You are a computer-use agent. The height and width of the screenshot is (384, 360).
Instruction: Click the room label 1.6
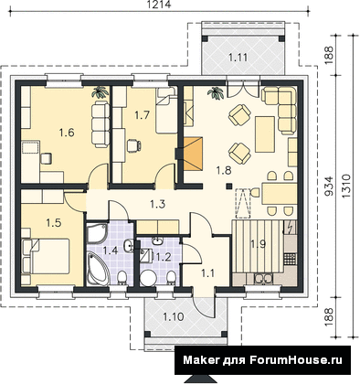(x=67, y=133)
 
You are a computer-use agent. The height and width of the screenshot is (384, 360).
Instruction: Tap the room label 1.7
(x=143, y=115)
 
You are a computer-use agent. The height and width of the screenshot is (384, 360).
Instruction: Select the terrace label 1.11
(x=238, y=57)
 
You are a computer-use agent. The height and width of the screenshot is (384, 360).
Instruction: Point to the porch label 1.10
(x=174, y=317)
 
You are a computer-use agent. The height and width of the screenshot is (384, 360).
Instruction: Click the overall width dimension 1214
(x=159, y=5)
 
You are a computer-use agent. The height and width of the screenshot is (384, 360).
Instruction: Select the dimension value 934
(x=328, y=186)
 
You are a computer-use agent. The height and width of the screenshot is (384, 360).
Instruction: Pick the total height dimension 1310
(x=346, y=187)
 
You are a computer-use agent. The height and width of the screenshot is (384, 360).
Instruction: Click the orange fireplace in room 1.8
(x=193, y=153)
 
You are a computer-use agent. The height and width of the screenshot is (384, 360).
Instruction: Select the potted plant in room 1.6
(x=101, y=92)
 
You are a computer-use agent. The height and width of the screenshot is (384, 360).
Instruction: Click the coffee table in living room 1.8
(x=265, y=134)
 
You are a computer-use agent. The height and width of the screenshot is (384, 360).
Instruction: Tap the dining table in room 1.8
(x=279, y=194)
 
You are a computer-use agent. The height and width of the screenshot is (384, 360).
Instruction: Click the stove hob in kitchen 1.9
(x=290, y=260)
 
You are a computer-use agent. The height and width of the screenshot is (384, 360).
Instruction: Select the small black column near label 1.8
(x=228, y=186)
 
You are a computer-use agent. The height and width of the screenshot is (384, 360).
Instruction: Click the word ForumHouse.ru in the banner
(x=296, y=360)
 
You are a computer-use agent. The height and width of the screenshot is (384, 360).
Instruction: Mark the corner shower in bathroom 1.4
(x=97, y=233)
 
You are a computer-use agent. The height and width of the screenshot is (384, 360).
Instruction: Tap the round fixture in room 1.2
(x=148, y=277)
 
